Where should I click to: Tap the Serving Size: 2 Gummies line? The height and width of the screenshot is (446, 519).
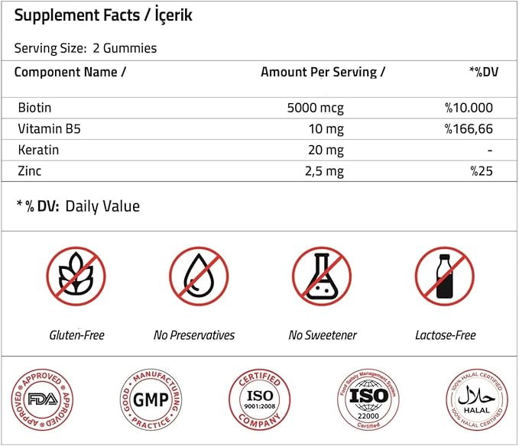tap(86, 48)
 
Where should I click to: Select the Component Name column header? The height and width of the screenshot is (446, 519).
tap(70, 72)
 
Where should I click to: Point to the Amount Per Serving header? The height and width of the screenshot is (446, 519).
tap(323, 72)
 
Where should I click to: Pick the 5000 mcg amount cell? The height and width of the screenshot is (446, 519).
tap(314, 108)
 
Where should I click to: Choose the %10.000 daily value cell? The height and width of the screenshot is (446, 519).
tap(469, 108)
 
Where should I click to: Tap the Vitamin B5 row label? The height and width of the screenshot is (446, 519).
tap(47, 128)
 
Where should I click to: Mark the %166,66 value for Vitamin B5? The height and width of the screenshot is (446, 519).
tap(469, 128)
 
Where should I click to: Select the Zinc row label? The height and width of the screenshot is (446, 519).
tap(29, 170)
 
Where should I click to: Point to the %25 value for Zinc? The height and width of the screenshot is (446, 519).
tap(482, 170)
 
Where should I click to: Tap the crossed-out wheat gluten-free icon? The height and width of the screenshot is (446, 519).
tap(76, 276)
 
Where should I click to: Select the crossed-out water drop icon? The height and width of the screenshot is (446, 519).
tap(198, 276)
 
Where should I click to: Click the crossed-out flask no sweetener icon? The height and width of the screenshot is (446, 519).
tap(322, 276)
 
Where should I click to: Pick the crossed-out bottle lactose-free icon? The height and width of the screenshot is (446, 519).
tap(445, 276)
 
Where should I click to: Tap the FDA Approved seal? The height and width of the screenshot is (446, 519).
tap(41, 399)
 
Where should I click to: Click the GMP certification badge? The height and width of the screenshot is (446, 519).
tap(151, 399)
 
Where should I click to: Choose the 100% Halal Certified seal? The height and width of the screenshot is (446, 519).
tap(476, 399)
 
